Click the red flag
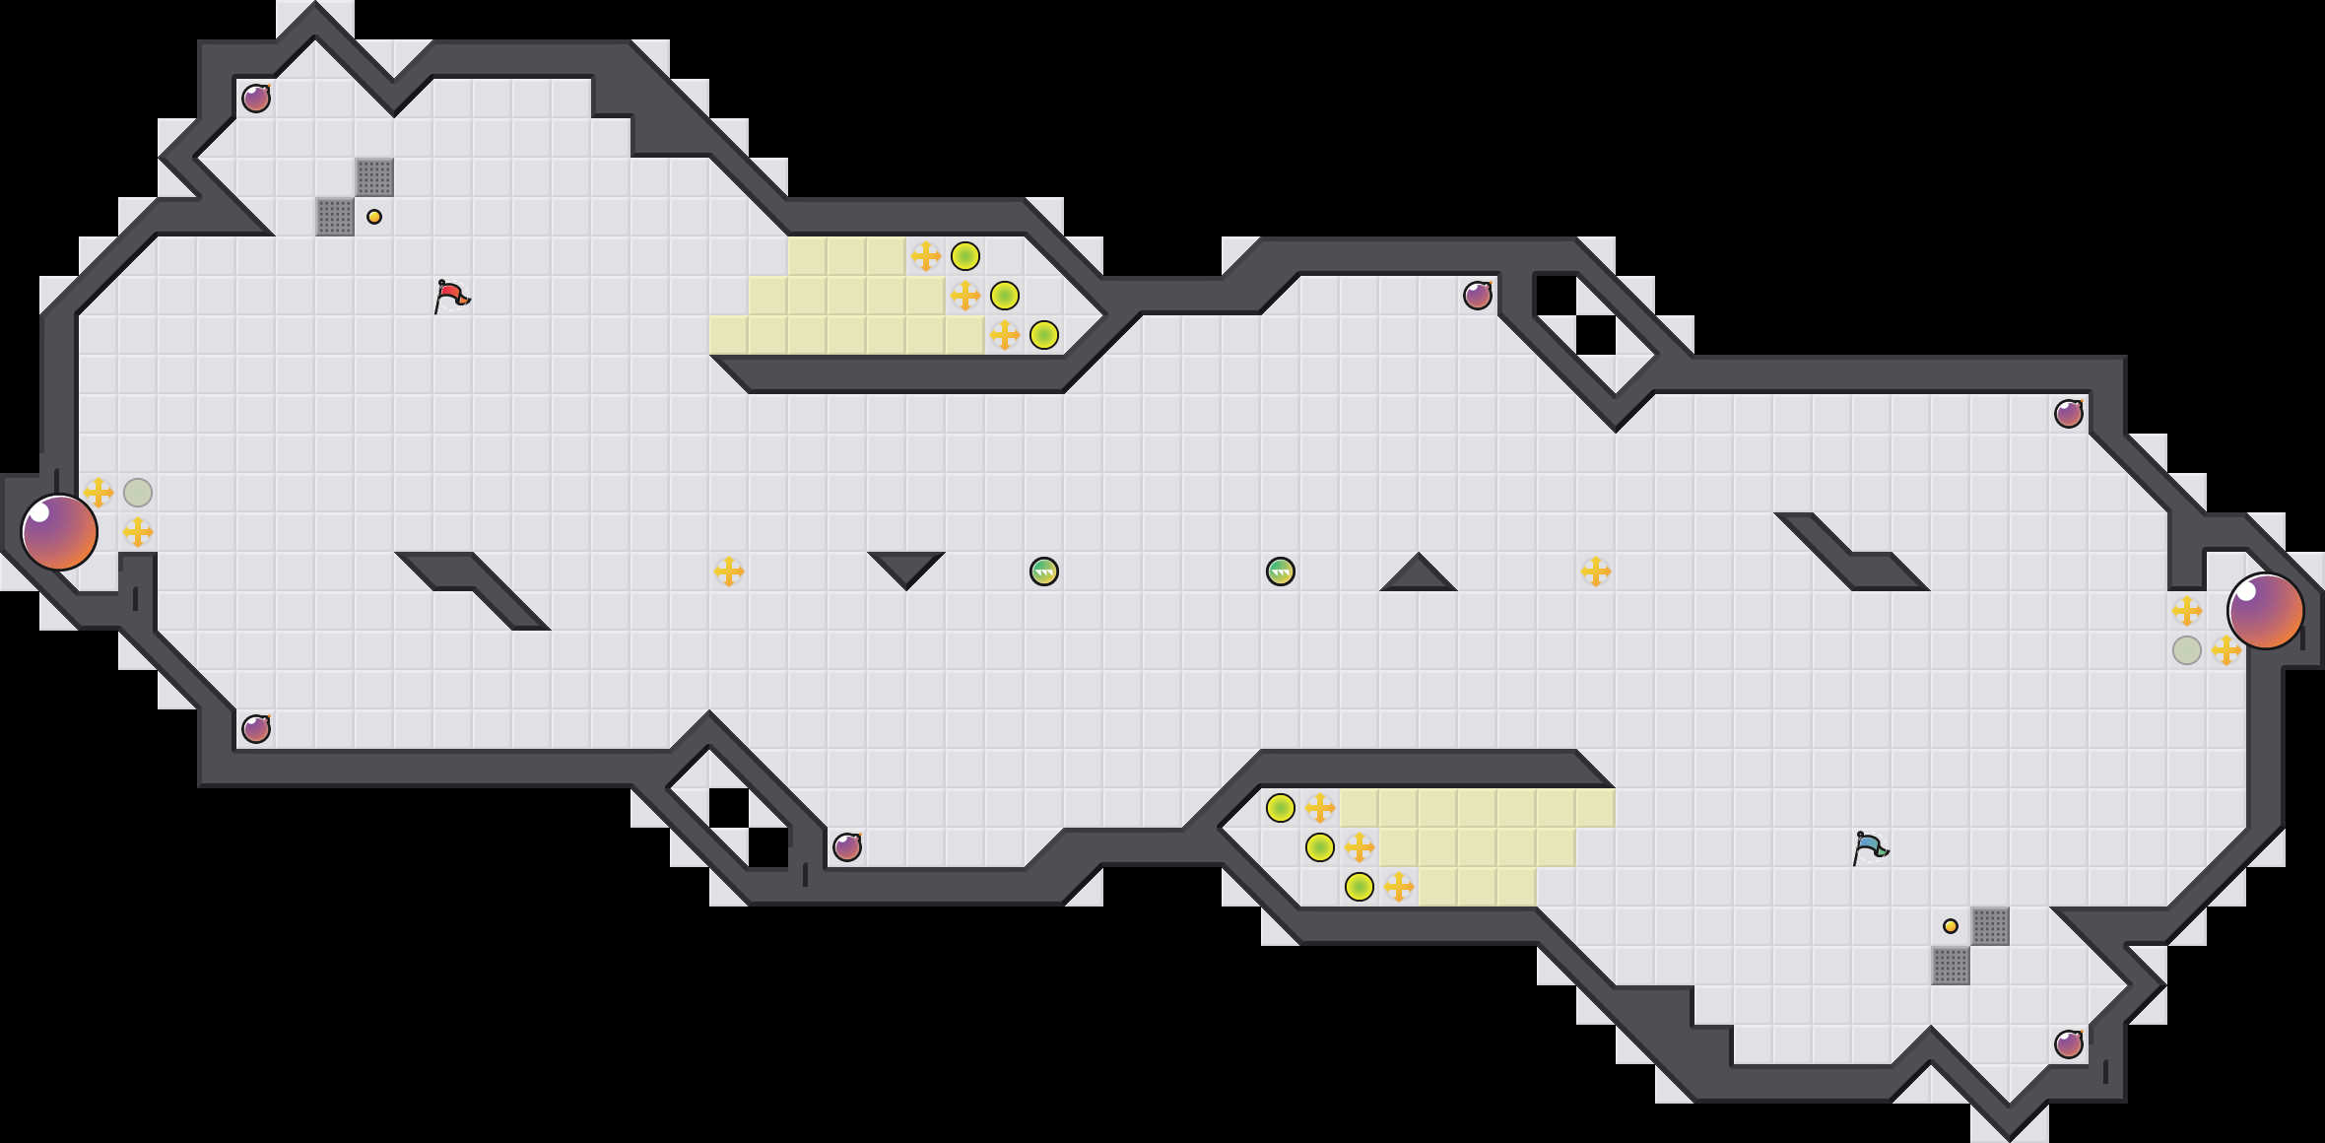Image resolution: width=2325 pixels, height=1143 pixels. point(451,296)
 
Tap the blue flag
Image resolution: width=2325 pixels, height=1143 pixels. point(1870,847)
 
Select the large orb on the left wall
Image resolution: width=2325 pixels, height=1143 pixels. point(59,532)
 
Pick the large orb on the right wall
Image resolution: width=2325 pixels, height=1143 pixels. point(2265,611)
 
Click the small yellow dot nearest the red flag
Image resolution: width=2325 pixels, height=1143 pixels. point(374,217)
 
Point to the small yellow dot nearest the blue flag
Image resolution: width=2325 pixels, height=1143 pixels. point(1951,926)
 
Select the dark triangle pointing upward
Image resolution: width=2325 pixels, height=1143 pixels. point(1418,575)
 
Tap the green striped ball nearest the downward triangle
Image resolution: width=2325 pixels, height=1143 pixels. point(1044,571)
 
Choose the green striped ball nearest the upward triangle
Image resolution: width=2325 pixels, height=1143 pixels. point(1281,571)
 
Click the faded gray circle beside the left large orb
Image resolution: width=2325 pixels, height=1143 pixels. point(138,493)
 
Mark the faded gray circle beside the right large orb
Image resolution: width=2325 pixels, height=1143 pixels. point(2187,650)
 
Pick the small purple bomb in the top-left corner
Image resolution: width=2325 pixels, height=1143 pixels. point(256,99)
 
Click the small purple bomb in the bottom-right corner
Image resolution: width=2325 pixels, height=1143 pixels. point(2069,1044)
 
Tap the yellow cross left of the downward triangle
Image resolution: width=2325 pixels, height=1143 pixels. point(729,571)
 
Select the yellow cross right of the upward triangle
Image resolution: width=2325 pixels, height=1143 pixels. point(1596,571)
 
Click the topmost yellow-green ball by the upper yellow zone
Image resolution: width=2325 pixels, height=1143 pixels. point(965,256)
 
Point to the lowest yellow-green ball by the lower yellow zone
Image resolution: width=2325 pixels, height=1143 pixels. point(1360,887)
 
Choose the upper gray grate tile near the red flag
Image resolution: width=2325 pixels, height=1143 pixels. point(374,177)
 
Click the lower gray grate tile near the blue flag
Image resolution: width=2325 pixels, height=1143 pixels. point(1951,966)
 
